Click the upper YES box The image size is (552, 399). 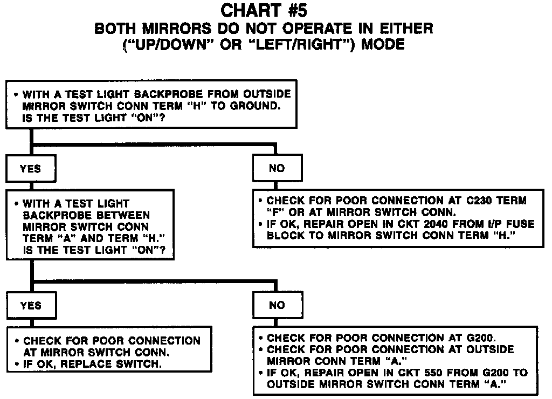pos(30,168)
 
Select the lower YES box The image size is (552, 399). pos(30,305)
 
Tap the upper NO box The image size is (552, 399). pos(277,168)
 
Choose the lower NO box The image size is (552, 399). pos(277,305)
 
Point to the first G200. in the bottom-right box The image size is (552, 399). pos(479,338)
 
